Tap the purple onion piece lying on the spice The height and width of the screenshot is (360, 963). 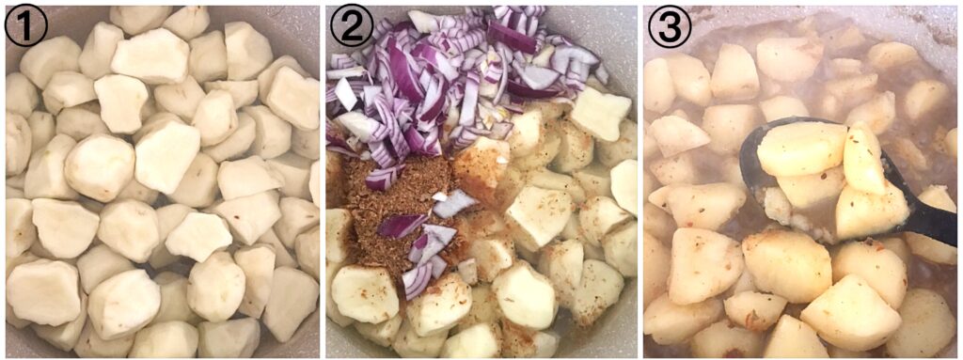[x=403, y=226]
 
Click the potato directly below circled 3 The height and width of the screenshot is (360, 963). [x=670, y=85]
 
